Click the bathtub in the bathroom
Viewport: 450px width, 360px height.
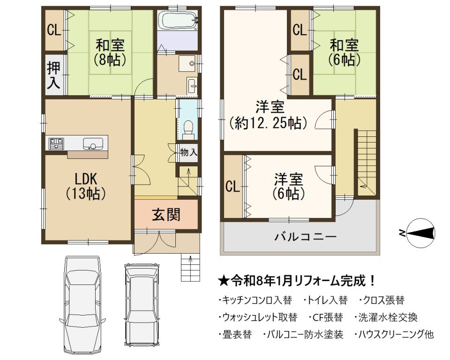click(178, 20)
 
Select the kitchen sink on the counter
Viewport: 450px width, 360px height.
click(93, 143)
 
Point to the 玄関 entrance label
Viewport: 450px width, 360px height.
click(166, 214)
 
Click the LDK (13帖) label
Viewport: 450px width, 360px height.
click(86, 186)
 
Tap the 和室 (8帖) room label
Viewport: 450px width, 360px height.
click(110, 52)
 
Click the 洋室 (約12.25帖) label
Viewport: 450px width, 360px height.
click(268, 115)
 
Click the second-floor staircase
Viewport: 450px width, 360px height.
click(367, 163)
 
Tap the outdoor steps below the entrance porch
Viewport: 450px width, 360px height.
click(190, 268)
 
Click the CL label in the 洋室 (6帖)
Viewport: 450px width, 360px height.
click(232, 187)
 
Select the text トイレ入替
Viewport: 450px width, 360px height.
click(328, 300)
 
